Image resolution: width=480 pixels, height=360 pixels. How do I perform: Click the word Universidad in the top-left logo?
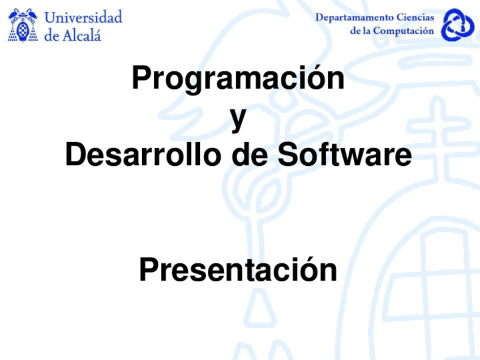pyautogui.click(x=83, y=18)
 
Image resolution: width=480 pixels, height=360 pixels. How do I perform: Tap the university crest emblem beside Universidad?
pyautogui.click(x=23, y=25)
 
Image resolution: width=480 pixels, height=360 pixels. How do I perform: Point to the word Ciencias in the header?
pyautogui.click(x=415, y=18)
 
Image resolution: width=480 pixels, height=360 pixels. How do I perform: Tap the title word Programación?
pyautogui.click(x=238, y=79)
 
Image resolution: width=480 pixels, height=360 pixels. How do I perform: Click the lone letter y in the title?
pyautogui.click(x=238, y=119)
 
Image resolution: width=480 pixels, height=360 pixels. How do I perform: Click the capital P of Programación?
pyautogui.click(x=140, y=79)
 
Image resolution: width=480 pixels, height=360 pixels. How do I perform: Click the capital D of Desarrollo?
pyautogui.click(x=75, y=155)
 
